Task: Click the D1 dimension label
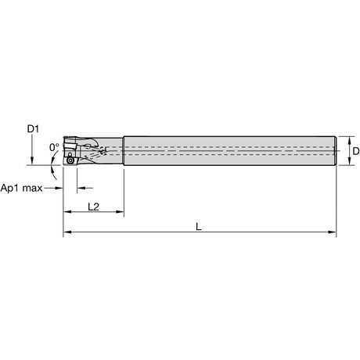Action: pyautogui.click(x=33, y=128)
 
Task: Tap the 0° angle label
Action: pyautogui.click(x=54, y=147)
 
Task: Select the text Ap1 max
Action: pyautogui.click(x=21, y=188)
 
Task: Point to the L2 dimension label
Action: pyautogui.click(x=93, y=207)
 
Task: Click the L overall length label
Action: pyautogui.click(x=199, y=227)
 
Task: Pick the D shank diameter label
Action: pyautogui.click(x=356, y=151)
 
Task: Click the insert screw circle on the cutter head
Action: pyautogui.click(x=70, y=160)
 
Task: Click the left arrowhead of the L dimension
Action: pyautogui.click(x=67, y=232)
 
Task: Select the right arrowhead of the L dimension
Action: pyautogui.click(x=332, y=232)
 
